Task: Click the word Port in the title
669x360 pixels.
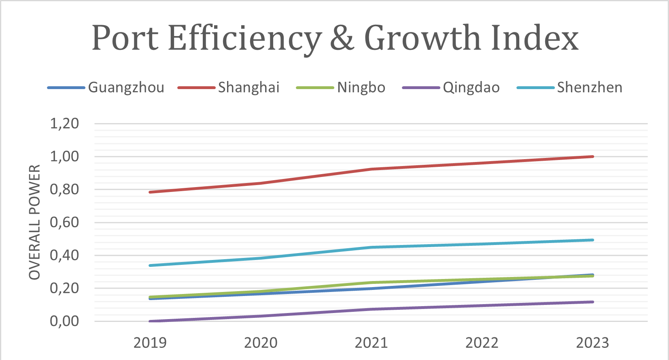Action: [x=125, y=38]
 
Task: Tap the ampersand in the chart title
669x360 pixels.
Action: [x=342, y=38]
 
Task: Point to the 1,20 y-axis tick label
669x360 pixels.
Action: [x=64, y=124]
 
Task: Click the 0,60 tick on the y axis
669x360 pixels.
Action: [x=64, y=222]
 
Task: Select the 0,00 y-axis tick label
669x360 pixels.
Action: [x=64, y=321]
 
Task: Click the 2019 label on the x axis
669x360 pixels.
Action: [x=150, y=343]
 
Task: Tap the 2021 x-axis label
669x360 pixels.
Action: [x=371, y=343]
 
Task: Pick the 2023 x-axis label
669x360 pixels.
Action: [x=592, y=343]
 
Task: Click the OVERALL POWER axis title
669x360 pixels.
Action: [x=35, y=222]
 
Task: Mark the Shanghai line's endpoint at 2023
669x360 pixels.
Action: [x=593, y=156]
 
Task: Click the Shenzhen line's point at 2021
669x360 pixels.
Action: [x=372, y=247]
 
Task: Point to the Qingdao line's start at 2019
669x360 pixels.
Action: [x=150, y=321]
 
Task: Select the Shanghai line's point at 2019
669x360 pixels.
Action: [x=150, y=192]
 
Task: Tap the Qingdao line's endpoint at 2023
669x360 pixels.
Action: [x=593, y=302]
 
